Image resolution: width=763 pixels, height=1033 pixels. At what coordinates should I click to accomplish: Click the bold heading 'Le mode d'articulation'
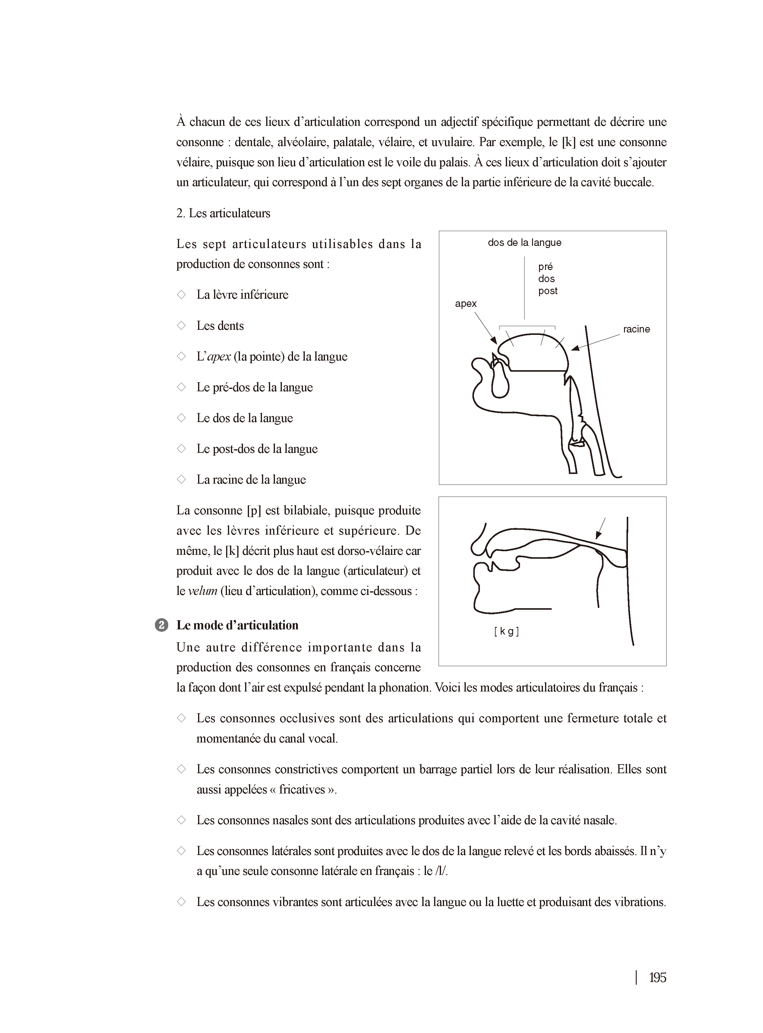(x=237, y=625)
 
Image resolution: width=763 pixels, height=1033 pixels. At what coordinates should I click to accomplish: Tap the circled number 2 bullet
(x=161, y=625)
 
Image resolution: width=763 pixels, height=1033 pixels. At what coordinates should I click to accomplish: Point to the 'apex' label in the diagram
(x=465, y=304)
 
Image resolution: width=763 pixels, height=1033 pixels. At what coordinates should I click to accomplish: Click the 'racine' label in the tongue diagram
(x=636, y=329)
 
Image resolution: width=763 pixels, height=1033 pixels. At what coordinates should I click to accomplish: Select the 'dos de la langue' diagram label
(x=524, y=243)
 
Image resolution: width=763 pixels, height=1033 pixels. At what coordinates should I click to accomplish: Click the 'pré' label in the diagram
(x=545, y=267)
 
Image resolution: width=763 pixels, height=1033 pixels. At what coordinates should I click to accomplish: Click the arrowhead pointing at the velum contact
(x=598, y=536)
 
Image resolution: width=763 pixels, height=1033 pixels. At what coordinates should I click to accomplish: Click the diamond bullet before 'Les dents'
(x=181, y=326)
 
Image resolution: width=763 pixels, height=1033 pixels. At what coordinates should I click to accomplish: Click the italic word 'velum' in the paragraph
(x=202, y=591)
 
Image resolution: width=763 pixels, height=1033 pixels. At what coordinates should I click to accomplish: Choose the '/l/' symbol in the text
(x=442, y=871)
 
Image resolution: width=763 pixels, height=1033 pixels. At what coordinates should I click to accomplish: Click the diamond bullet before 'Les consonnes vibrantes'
(x=181, y=902)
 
